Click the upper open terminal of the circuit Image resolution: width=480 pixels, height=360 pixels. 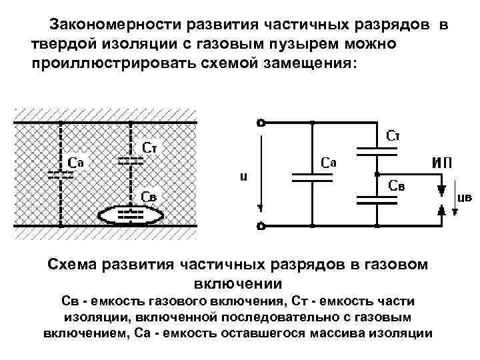pos(261,122)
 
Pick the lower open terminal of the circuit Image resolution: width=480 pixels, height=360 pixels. pos(261,226)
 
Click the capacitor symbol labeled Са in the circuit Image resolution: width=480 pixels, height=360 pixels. pos(311,175)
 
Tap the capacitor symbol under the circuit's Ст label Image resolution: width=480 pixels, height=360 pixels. pos(377,151)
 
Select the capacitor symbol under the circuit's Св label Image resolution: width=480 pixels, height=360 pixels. pos(377,199)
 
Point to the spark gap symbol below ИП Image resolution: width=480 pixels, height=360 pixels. pos(440,198)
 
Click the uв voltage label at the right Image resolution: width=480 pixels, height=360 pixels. pos(465,198)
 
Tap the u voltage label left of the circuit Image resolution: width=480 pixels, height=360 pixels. pos(244,177)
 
